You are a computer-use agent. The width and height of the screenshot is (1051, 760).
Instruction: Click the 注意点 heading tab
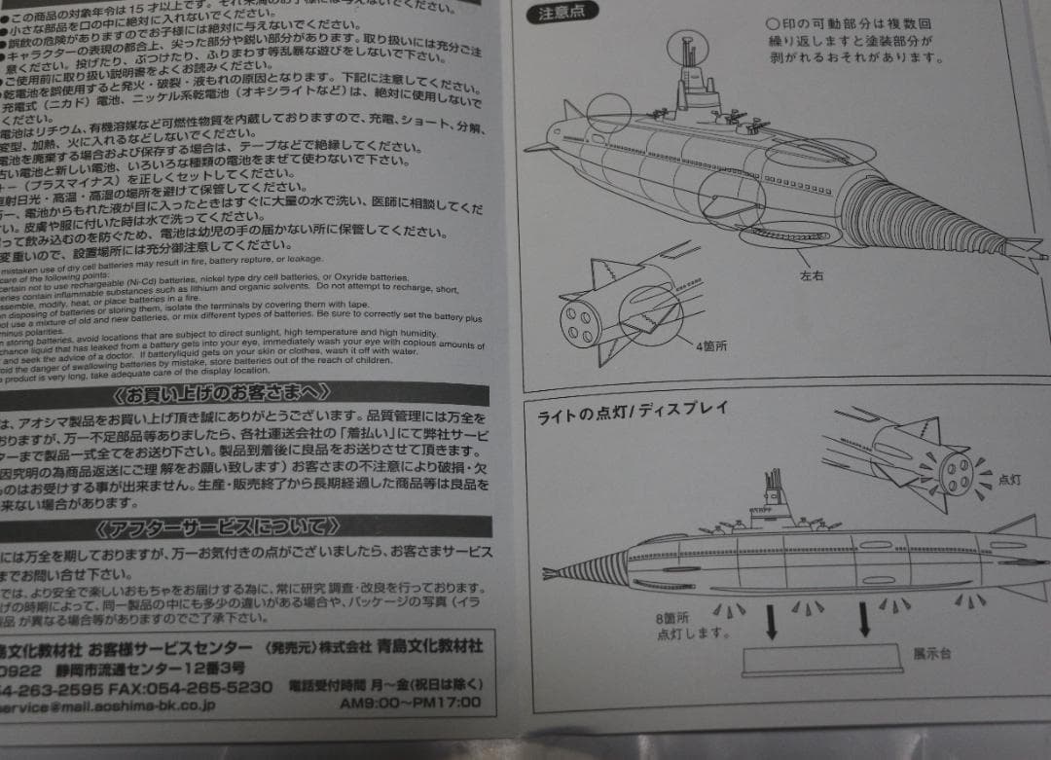tap(561, 15)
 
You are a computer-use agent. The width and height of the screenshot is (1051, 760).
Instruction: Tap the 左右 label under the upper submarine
tap(812, 276)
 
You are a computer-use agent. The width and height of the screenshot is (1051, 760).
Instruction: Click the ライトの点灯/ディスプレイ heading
tap(633, 410)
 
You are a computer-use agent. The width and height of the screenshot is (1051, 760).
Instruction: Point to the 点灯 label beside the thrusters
tap(1009, 479)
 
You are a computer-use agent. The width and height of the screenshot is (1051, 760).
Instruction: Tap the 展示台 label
tap(931, 653)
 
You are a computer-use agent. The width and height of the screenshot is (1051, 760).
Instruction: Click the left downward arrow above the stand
tap(772, 620)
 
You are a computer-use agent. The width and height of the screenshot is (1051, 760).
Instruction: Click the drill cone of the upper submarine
tap(924, 216)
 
